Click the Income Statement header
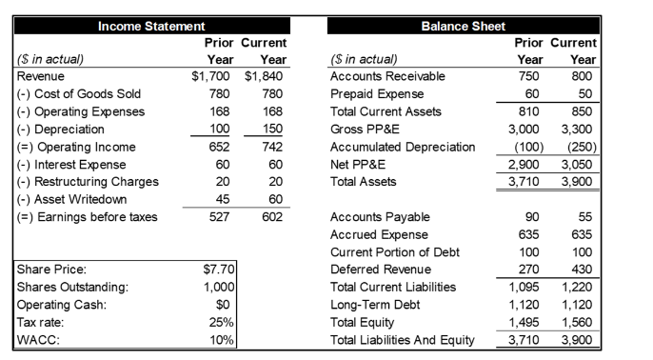(x=152, y=26)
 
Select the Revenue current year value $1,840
(x=266, y=76)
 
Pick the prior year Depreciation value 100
(x=220, y=129)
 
